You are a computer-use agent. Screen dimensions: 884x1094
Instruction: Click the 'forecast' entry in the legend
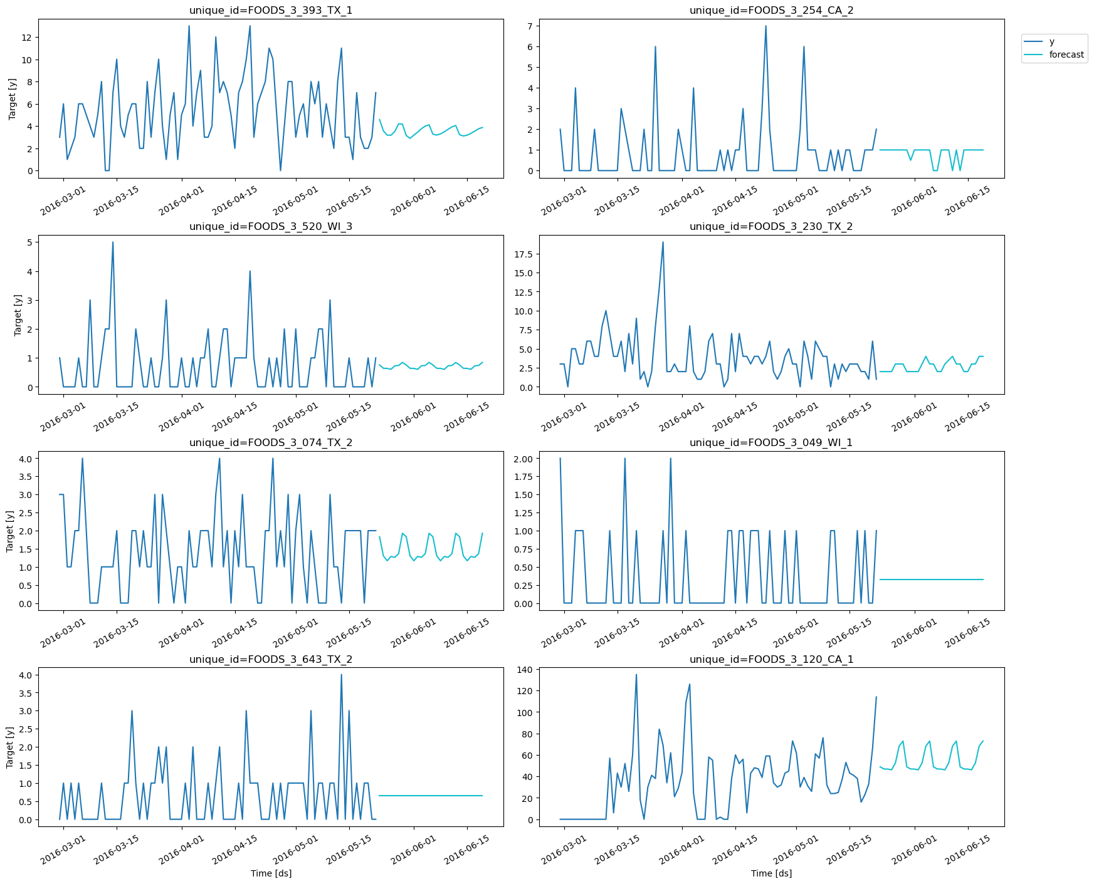(x=1066, y=55)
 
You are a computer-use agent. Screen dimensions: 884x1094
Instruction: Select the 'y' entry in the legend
(x=1052, y=41)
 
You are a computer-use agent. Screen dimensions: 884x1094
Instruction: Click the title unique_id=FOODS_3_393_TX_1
(x=271, y=10)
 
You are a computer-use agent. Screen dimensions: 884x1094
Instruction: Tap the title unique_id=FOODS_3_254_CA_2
(x=771, y=10)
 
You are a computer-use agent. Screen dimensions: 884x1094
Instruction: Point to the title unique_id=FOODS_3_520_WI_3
(x=271, y=226)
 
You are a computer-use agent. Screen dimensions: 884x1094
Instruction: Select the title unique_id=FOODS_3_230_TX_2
(x=771, y=226)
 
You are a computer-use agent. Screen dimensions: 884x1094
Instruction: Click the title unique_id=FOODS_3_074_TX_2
(x=271, y=442)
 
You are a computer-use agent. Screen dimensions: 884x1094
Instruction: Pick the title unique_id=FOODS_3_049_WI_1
(x=771, y=442)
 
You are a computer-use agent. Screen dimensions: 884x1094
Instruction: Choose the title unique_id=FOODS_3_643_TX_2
(x=271, y=659)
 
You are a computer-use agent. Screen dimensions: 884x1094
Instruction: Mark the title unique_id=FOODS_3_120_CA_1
(x=771, y=659)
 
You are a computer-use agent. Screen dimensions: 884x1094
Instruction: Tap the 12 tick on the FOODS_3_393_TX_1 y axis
(x=26, y=38)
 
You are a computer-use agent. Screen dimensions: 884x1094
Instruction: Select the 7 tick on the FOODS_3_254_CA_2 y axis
(x=530, y=26)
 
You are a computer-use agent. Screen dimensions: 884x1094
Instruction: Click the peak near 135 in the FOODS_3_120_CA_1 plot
(x=636, y=675)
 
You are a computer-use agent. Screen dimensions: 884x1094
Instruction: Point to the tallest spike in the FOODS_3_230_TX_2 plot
(x=663, y=242)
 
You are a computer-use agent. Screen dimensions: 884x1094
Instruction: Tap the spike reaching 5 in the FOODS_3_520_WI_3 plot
(x=113, y=242)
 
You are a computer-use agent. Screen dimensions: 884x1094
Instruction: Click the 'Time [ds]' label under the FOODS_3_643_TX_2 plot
(x=271, y=873)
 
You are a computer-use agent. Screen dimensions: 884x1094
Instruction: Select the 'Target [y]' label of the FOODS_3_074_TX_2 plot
(x=10, y=531)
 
